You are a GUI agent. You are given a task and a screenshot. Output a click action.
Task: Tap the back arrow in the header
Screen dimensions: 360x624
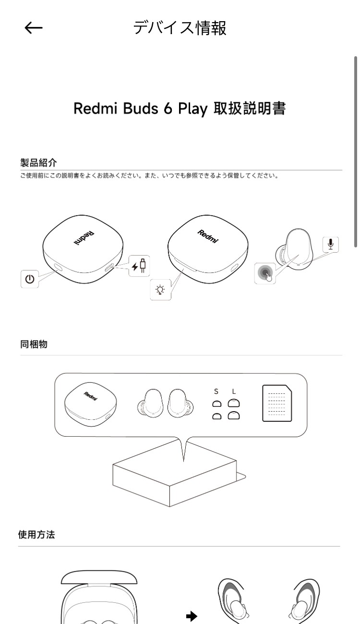pyautogui.click(x=34, y=28)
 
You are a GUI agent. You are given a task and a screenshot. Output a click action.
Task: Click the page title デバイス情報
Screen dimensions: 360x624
pyautogui.click(x=180, y=28)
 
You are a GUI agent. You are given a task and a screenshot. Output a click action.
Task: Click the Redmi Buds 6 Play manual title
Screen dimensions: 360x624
pyautogui.click(x=180, y=109)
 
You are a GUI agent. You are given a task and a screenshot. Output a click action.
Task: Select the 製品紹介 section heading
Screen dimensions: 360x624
pyautogui.click(x=38, y=163)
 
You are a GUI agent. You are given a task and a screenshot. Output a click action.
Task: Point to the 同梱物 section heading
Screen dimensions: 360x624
pyautogui.click(x=34, y=344)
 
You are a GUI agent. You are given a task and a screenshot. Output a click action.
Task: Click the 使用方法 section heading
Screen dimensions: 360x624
pyautogui.click(x=36, y=535)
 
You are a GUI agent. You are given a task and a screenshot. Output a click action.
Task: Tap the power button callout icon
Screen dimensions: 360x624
pyautogui.click(x=30, y=279)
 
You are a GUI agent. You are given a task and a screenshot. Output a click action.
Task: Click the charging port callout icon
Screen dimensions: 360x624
pyautogui.click(x=139, y=266)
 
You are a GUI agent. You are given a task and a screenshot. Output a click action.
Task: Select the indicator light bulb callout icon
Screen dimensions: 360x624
pyautogui.click(x=160, y=290)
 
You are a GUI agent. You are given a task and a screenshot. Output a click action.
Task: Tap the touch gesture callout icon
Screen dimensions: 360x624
pyautogui.click(x=265, y=273)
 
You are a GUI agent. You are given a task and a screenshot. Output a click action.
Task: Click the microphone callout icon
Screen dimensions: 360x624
pyautogui.click(x=331, y=245)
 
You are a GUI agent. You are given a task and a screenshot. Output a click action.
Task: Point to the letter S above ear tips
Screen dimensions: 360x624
pyautogui.click(x=216, y=392)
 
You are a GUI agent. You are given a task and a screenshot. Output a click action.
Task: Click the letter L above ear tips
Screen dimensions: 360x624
pyautogui.click(x=234, y=392)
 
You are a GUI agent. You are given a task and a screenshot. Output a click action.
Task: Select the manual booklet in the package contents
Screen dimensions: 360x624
pyautogui.click(x=277, y=403)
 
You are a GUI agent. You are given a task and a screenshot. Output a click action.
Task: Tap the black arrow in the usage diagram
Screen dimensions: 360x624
pyautogui.click(x=192, y=616)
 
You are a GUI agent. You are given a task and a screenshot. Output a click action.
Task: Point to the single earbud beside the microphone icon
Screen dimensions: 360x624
pyautogui.click(x=294, y=249)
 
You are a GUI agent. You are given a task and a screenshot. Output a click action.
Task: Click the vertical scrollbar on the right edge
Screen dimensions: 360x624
pyautogui.click(x=356, y=151)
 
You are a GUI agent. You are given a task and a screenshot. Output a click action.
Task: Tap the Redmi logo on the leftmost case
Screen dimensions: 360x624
pyautogui.click(x=84, y=238)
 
